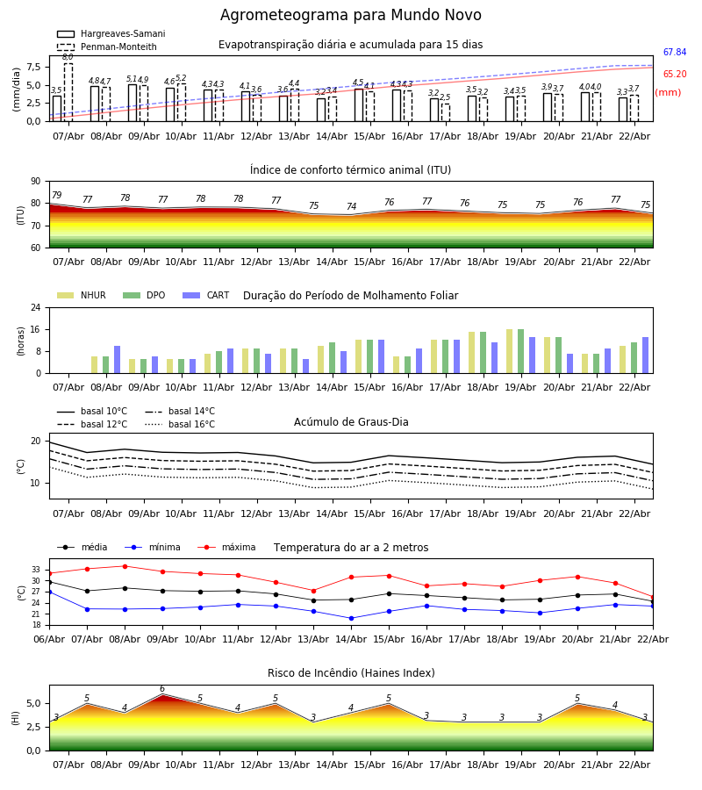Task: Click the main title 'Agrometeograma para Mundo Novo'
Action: pos(350,16)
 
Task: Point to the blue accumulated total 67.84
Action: pos(675,53)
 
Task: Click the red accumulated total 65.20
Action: pos(675,75)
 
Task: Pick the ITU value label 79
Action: pos(57,196)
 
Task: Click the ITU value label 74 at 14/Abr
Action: pos(351,207)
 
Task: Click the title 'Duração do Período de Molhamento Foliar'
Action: pos(350,296)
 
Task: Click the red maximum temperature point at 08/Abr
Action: pos(125,566)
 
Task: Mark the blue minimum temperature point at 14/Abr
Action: pos(351,618)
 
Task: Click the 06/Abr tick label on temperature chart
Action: pos(49,638)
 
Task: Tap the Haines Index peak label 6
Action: pos(162,689)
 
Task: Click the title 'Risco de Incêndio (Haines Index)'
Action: pos(350,673)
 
